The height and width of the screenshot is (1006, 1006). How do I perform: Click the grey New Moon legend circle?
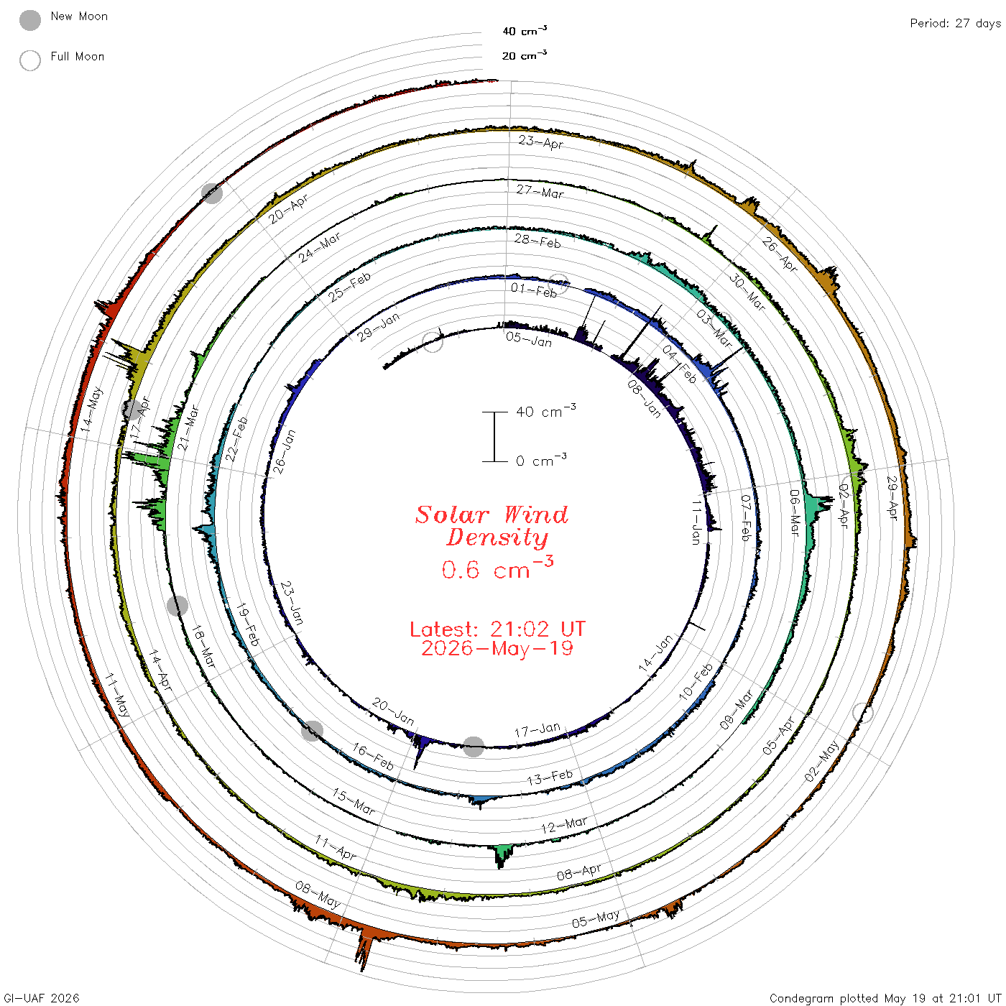pos(30,20)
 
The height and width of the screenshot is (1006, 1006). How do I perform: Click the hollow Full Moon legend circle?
pos(30,60)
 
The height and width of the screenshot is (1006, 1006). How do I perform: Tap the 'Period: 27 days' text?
pos(956,24)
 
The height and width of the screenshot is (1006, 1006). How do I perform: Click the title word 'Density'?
pos(497,537)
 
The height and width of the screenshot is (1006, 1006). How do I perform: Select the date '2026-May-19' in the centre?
pos(497,648)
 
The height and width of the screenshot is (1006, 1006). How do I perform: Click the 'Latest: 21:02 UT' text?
pos(497,629)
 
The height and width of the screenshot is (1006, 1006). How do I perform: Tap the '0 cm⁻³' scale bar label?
pos(541,460)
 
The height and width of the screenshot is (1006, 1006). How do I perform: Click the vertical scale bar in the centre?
pos(494,436)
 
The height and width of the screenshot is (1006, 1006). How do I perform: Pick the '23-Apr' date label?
pos(541,142)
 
